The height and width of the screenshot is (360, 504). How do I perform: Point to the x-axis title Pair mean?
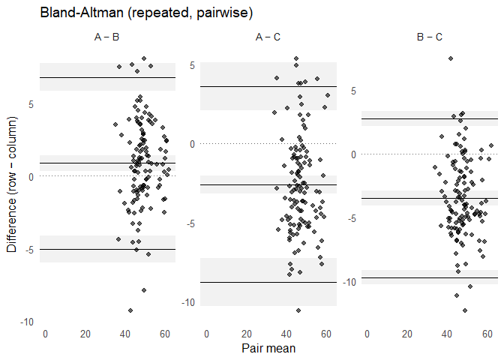pyautogui.click(x=268, y=348)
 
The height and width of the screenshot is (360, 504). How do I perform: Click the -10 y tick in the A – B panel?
pyautogui.click(x=26, y=322)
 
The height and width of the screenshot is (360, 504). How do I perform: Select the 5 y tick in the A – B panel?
pyautogui.click(x=31, y=104)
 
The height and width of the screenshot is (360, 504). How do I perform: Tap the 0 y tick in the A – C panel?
pyautogui.click(x=192, y=143)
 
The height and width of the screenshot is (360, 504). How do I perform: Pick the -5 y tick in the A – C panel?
pyautogui.click(x=190, y=223)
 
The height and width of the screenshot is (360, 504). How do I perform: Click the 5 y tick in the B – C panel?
pyautogui.click(x=353, y=91)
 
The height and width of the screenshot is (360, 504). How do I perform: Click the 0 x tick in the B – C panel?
pyautogui.click(x=367, y=333)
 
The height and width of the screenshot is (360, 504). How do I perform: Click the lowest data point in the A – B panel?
pyautogui.click(x=130, y=310)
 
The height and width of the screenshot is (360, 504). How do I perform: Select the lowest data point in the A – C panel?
pyautogui.click(x=298, y=310)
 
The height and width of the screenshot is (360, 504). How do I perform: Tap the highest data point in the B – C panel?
pyautogui.click(x=450, y=58)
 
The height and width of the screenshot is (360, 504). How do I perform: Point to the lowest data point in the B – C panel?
pyautogui.click(x=465, y=310)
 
